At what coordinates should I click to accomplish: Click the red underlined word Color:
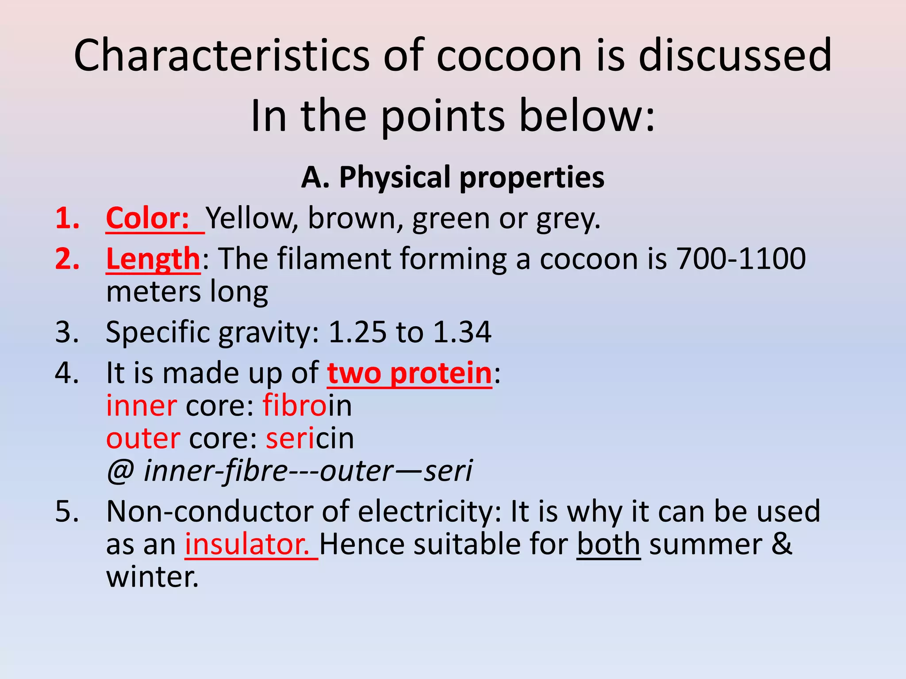click(x=148, y=218)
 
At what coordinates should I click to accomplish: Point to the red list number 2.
click(x=67, y=259)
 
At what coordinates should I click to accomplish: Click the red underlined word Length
click(x=153, y=259)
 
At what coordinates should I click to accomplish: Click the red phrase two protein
click(x=409, y=374)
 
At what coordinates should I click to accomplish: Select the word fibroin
click(x=307, y=406)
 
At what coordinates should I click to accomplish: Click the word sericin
click(x=310, y=439)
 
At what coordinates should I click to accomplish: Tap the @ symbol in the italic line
click(x=120, y=471)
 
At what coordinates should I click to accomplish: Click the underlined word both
click(x=608, y=545)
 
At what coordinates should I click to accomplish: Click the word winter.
click(x=152, y=577)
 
